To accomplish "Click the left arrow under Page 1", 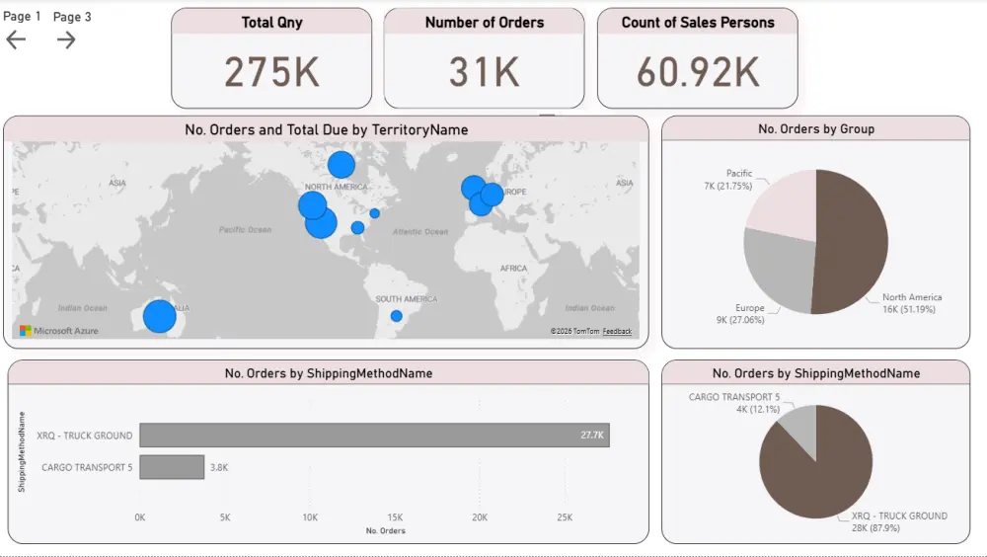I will point(16,40).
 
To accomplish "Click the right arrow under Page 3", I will point(66,40).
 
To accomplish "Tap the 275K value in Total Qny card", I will point(271,72).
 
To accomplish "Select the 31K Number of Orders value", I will point(484,72).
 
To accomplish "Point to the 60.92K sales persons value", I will point(697,72).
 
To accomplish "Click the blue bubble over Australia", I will point(159,316).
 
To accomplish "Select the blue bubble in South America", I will point(396,316).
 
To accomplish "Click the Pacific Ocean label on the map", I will point(245,230).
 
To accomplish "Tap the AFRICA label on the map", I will point(513,269).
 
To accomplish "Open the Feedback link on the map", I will point(617,332).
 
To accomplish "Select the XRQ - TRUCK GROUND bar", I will point(374,436).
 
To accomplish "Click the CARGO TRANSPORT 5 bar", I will point(172,467).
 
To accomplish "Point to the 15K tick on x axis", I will point(395,517).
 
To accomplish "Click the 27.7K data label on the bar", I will point(592,436).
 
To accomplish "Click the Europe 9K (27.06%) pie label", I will point(749,314).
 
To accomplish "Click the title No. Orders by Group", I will point(815,128).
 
